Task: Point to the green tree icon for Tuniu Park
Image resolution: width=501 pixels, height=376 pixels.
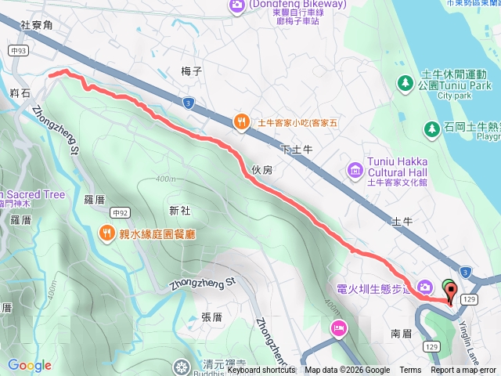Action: pyautogui.click(x=405, y=82)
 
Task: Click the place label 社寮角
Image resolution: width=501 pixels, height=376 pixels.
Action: pyautogui.click(x=36, y=26)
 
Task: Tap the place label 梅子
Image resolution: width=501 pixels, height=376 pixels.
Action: pyautogui.click(x=192, y=71)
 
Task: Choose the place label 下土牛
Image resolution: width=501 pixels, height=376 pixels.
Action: pyautogui.click(x=297, y=149)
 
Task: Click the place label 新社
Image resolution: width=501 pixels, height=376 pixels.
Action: pyautogui.click(x=179, y=210)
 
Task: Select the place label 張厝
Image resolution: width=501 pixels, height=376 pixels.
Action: pyautogui.click(x=211, y=316)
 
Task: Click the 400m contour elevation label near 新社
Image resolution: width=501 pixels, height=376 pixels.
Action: pyautogui.click(x=165, y=180)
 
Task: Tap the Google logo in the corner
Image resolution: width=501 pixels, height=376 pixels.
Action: pyautogui.click(x=30, y=365)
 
